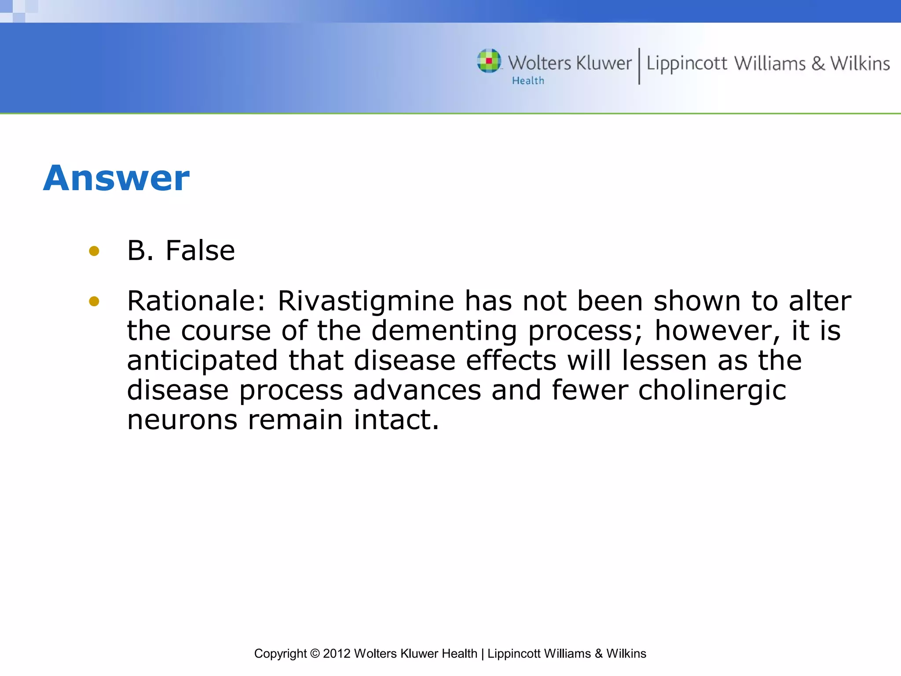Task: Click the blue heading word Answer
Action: tap(116, 178)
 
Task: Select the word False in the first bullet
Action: tap(200, 251)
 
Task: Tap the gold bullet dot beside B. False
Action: tap(94, 251)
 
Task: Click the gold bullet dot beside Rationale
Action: tap(94, 301)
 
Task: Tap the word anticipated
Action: tap(202, 361)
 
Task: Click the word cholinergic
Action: tap(712, 390)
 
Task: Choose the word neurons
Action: tap(182, 420)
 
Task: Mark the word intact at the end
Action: tap(396, 420)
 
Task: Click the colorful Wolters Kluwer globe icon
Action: tap(489, 61)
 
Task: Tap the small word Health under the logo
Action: tap(528, 81)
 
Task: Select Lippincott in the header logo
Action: tap(686, 64)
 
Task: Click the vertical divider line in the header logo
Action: tap(639, 66)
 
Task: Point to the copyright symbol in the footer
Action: tap(315, 654)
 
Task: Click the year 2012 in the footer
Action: tap(337, 654)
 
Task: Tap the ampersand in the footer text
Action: tap(598, 654)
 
